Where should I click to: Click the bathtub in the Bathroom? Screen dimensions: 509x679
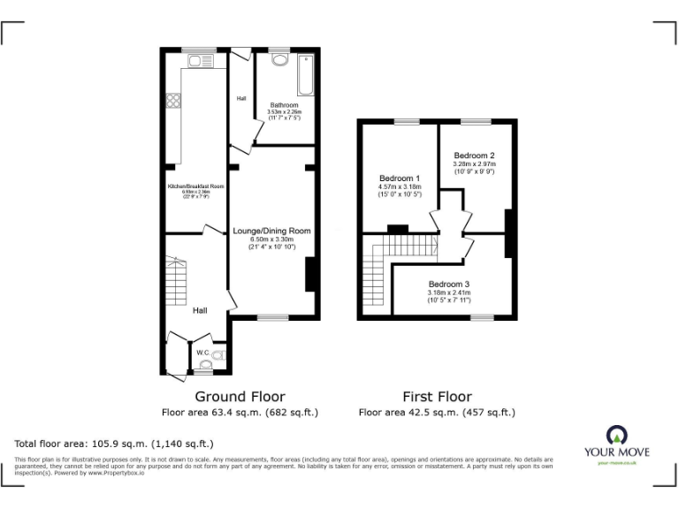[x=306, y=74]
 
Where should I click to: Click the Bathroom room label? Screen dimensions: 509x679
[x=284, y=105]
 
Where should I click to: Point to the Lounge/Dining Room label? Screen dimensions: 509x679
[x=271, y=231]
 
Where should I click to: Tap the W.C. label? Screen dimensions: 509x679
[x=202, y=353]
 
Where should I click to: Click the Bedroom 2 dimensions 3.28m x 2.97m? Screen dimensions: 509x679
[x=474, y=163]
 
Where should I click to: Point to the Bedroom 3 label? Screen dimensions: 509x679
[x=449, y=284]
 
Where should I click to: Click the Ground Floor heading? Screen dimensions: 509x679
[x=240, y=397]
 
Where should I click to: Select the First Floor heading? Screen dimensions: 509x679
[x=437, y=397]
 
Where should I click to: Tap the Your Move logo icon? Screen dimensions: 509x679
[x=616, y=434]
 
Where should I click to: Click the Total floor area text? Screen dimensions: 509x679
[x=114, y=444]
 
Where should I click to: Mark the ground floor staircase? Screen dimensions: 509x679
[x=175, y=277]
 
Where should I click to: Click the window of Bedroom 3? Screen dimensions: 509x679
[x=482, y=317]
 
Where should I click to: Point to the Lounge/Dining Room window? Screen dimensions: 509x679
[x=272, y=317]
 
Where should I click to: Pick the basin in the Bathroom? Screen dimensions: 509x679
[x=279, y=60]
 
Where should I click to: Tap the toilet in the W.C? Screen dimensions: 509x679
[x=217, y=356]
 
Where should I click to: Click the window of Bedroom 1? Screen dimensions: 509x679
[x=406, y=121]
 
